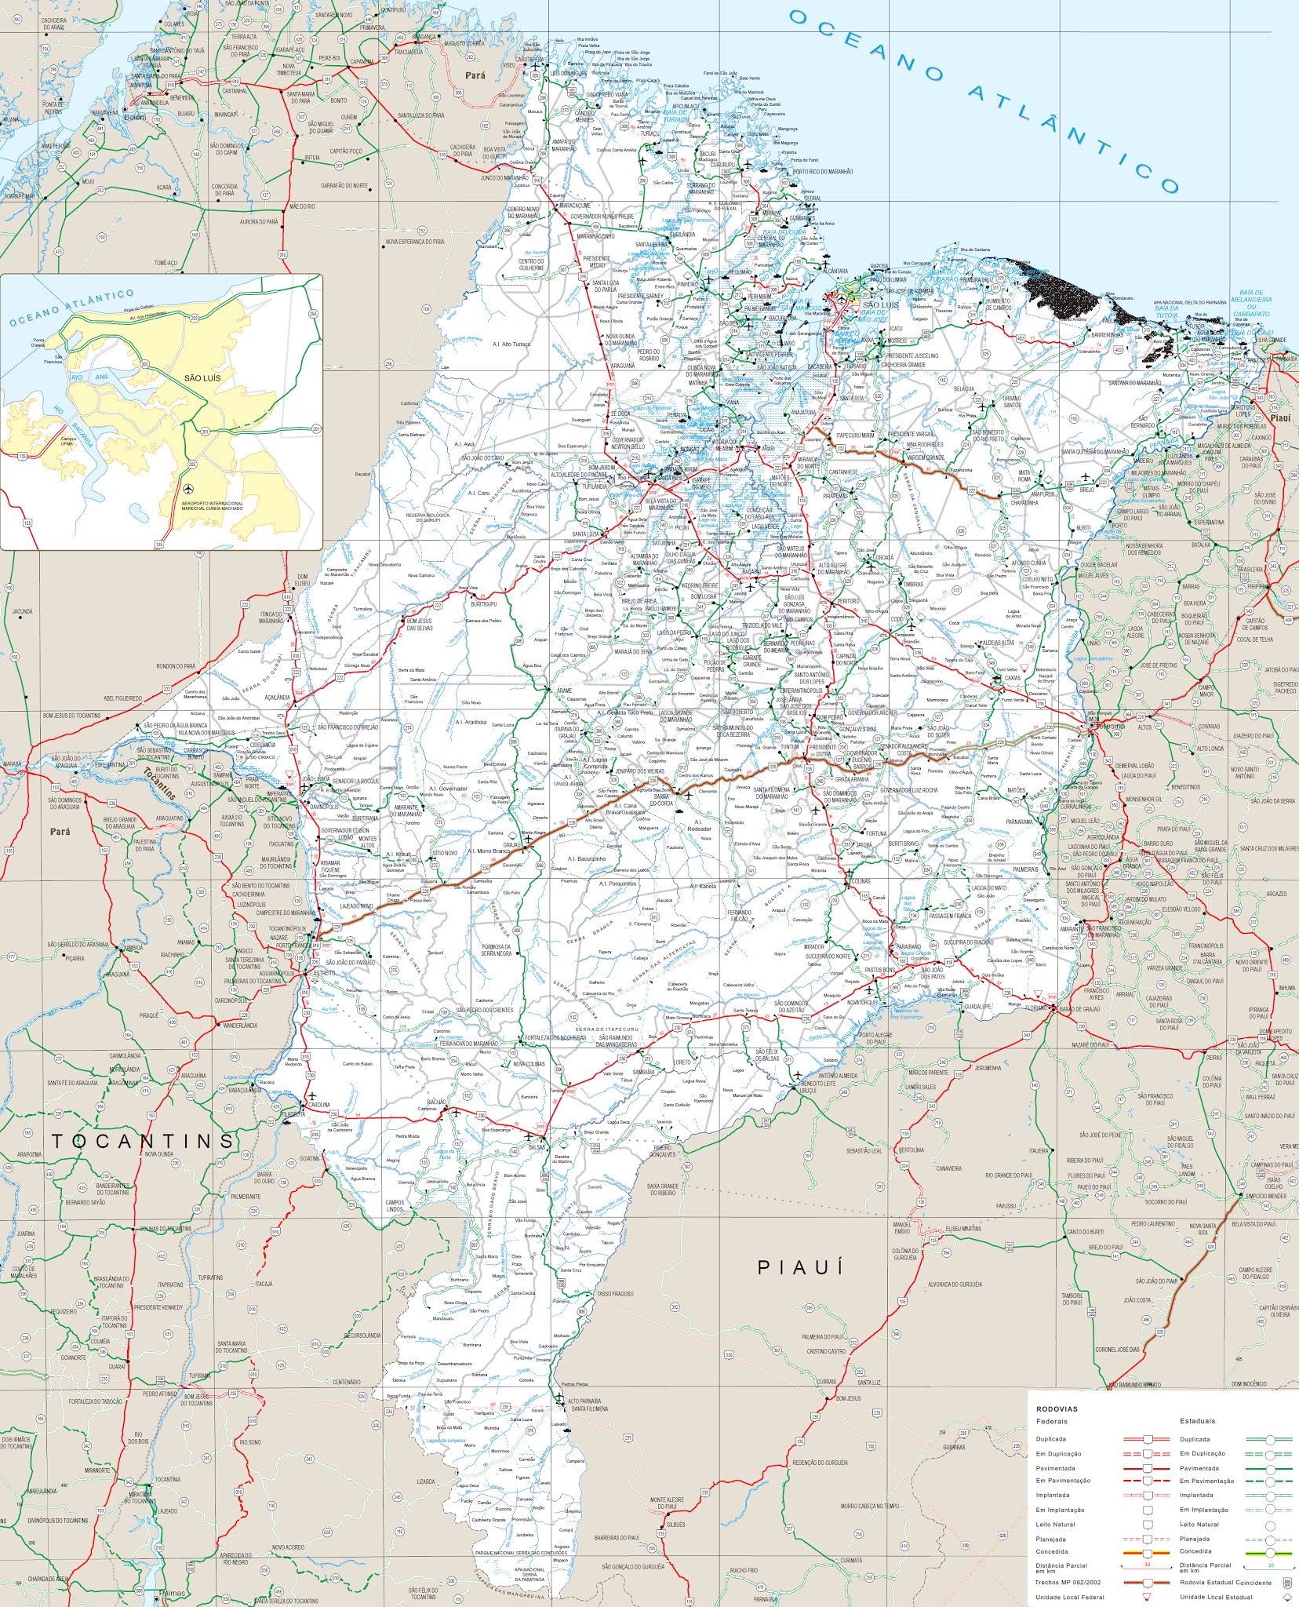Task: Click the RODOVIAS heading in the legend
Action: pos(1057,1408)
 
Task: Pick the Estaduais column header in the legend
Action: pos(1197,1421)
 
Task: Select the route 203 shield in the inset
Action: pos(194,319)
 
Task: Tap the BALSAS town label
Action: pos(537,1147)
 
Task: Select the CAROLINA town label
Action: pos(319,1104)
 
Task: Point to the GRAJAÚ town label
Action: pos(512,845)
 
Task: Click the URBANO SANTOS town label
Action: pos(1012,401)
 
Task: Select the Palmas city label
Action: pos(176,1594)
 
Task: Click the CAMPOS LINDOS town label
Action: pos(395,1206)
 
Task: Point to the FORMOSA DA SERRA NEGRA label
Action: pos(497,950)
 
